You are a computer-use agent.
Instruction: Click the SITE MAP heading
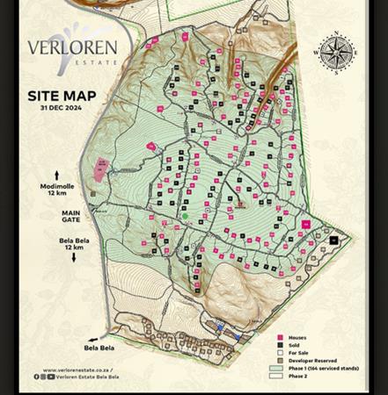[62, 96]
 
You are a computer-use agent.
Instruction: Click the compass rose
[336, 53]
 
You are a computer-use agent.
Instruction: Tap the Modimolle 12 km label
[58, 189]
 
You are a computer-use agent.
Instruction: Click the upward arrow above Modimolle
[59, 175]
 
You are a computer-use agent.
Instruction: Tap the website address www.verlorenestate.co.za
[77, 370]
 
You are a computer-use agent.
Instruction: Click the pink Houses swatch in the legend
[280, 338]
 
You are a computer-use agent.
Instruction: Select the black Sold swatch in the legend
[280, 346]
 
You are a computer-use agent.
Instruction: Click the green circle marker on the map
[185, 216]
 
